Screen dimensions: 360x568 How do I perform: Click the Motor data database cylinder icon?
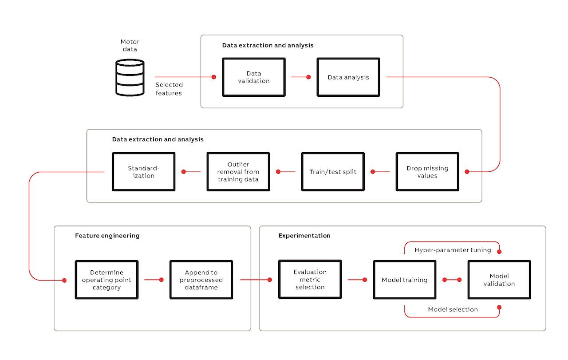tap(130, 78)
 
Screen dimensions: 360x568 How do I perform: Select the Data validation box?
tap(254, 77)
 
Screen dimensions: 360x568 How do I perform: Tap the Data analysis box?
tap(348, 77)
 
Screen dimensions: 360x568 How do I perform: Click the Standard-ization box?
tap(144, 172)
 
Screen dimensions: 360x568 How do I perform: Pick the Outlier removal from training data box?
tap(238, 172)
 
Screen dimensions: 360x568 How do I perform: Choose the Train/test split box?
tap(333, 172)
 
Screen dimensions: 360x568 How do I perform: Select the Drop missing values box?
tap(427, 172)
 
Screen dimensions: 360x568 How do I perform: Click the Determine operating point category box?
tap(106, 280)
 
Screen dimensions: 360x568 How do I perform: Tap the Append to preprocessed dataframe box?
tap(201, 280)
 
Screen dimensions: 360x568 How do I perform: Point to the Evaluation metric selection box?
tap(310, 279)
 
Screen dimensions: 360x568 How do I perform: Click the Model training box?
tap(404, 280)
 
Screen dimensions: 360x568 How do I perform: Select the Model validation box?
tap(499, 280)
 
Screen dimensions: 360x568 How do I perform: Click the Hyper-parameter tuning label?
tap(453, 250)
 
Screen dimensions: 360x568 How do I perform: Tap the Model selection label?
tap(453, 309)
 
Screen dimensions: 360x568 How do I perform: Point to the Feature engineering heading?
tap(107, 236)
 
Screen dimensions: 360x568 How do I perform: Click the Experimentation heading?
tap(304, 236)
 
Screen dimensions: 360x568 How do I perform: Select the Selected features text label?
tap(169, 89)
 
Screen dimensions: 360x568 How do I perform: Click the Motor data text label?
tap(130, 46)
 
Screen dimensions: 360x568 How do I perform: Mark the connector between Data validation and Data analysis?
tap(300, 77)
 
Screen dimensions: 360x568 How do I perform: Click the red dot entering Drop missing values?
tap(467, 172)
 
